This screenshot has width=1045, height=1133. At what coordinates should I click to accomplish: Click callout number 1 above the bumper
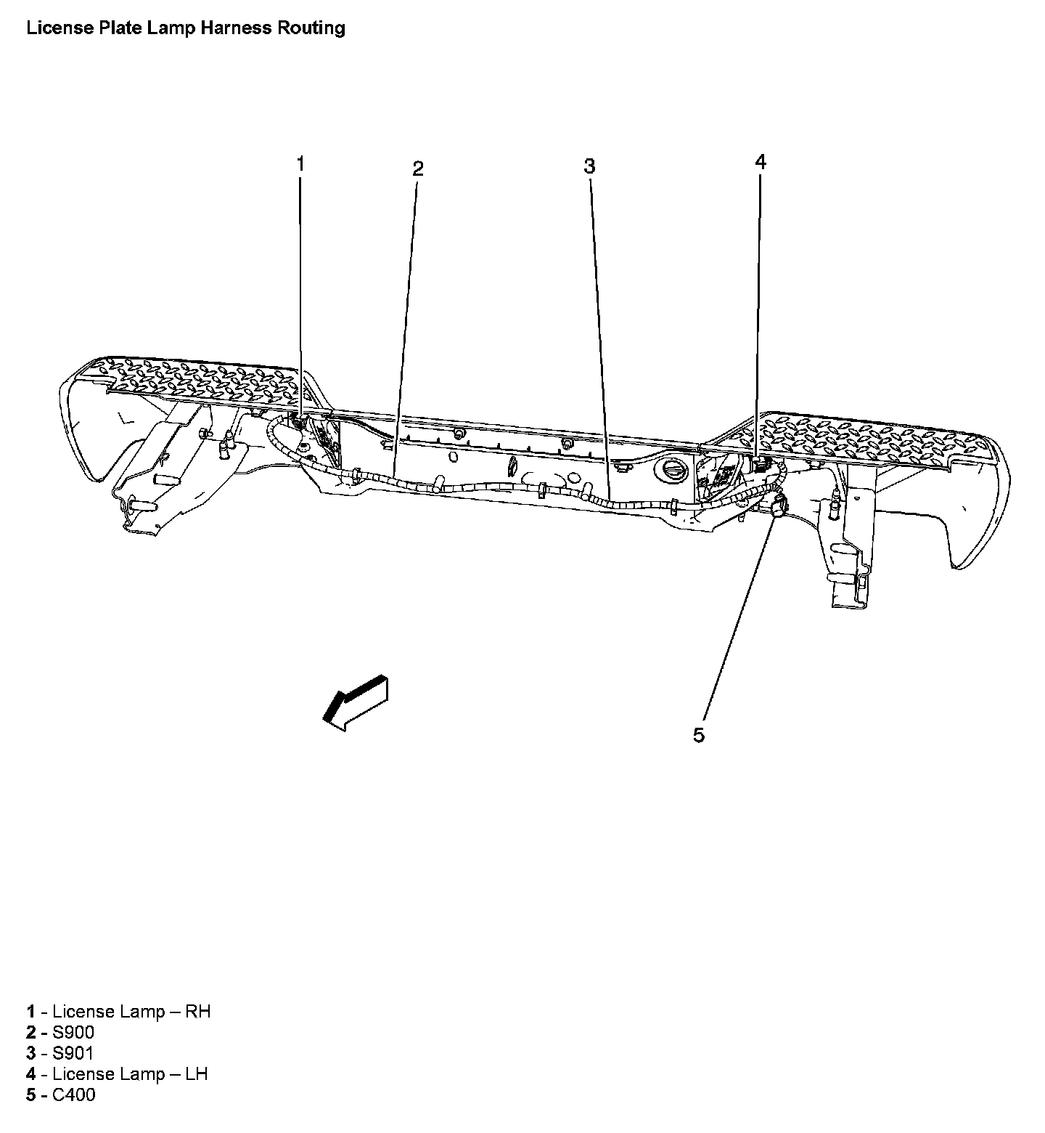pyautogui.click(x=300, y=163)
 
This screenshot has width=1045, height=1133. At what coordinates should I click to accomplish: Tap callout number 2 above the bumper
pyautogui.click(x=417, y=168)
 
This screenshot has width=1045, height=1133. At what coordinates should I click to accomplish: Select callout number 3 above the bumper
pyautogui.click(x=589, y=166)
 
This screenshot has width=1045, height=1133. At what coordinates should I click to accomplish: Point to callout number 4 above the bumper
pyautogui.click(x=761, y=162)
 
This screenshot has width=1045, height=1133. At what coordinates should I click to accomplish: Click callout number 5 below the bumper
pyautogui.click(x=698, y=735)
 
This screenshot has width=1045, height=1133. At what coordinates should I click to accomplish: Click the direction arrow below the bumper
pyautogui.click(x=356, y=700)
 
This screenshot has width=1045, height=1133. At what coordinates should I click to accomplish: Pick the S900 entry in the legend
pyautogui.click(x=73, y=1032)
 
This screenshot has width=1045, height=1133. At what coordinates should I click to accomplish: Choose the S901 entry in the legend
pyautogui.click(x=73, y=1053)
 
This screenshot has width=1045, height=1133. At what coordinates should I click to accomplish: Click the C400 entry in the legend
pyautogui.click(x=73, y=1095)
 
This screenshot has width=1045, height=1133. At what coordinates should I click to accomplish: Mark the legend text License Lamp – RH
pyautogui.click(x=131, y=1011)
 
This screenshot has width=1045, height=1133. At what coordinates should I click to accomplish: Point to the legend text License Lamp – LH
pyautogui.click(x=131, y=1073)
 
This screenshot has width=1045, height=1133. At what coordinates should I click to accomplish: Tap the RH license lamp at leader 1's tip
pyautogui.click(x=300, y=421)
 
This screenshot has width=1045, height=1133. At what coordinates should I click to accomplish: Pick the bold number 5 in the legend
pyautogui.click(x=31, y=1095)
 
